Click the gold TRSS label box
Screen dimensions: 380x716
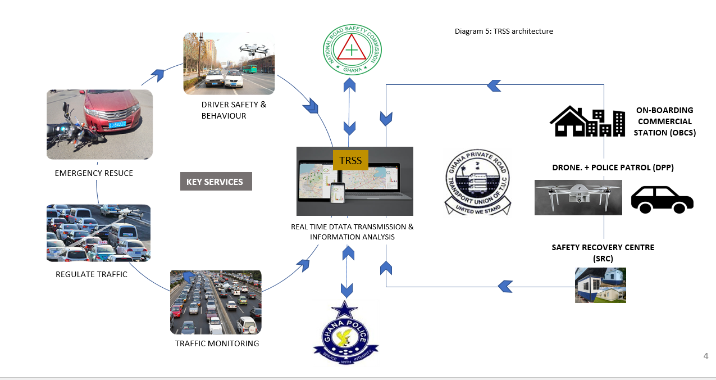351,160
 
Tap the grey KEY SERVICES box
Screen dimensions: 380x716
216,182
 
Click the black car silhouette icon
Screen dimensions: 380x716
662,200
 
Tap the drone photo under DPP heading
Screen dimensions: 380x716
578,197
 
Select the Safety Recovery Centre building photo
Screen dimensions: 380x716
600,285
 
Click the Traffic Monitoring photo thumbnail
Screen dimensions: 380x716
216,302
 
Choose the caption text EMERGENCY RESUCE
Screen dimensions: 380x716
94,173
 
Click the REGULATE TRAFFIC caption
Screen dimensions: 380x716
92,274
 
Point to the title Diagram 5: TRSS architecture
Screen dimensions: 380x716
504,31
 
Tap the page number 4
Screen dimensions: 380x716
706,356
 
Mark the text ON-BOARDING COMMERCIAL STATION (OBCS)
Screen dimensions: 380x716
664,121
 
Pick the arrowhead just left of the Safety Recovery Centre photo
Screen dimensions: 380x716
505,287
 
